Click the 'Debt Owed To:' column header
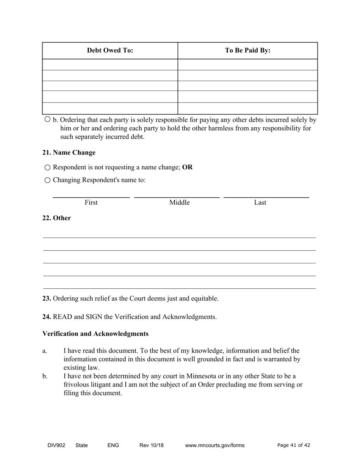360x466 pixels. point(110,50)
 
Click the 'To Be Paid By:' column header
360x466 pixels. point(247,50)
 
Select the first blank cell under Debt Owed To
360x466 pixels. point(110,64)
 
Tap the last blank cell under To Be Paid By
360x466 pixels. point(247,108)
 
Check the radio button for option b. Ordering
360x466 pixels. point(47,119)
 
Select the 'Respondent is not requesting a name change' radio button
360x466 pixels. point(47,167)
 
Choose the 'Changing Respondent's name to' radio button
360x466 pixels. point(47,180)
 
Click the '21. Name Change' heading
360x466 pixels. point(69,153)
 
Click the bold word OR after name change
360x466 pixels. point(187,167)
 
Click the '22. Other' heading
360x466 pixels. point(56,218)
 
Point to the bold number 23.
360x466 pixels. point(47,299)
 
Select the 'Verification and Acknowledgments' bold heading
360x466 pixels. point(95,334)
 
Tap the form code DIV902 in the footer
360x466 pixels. point(56,446)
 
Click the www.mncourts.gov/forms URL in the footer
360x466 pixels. point(214,446)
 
